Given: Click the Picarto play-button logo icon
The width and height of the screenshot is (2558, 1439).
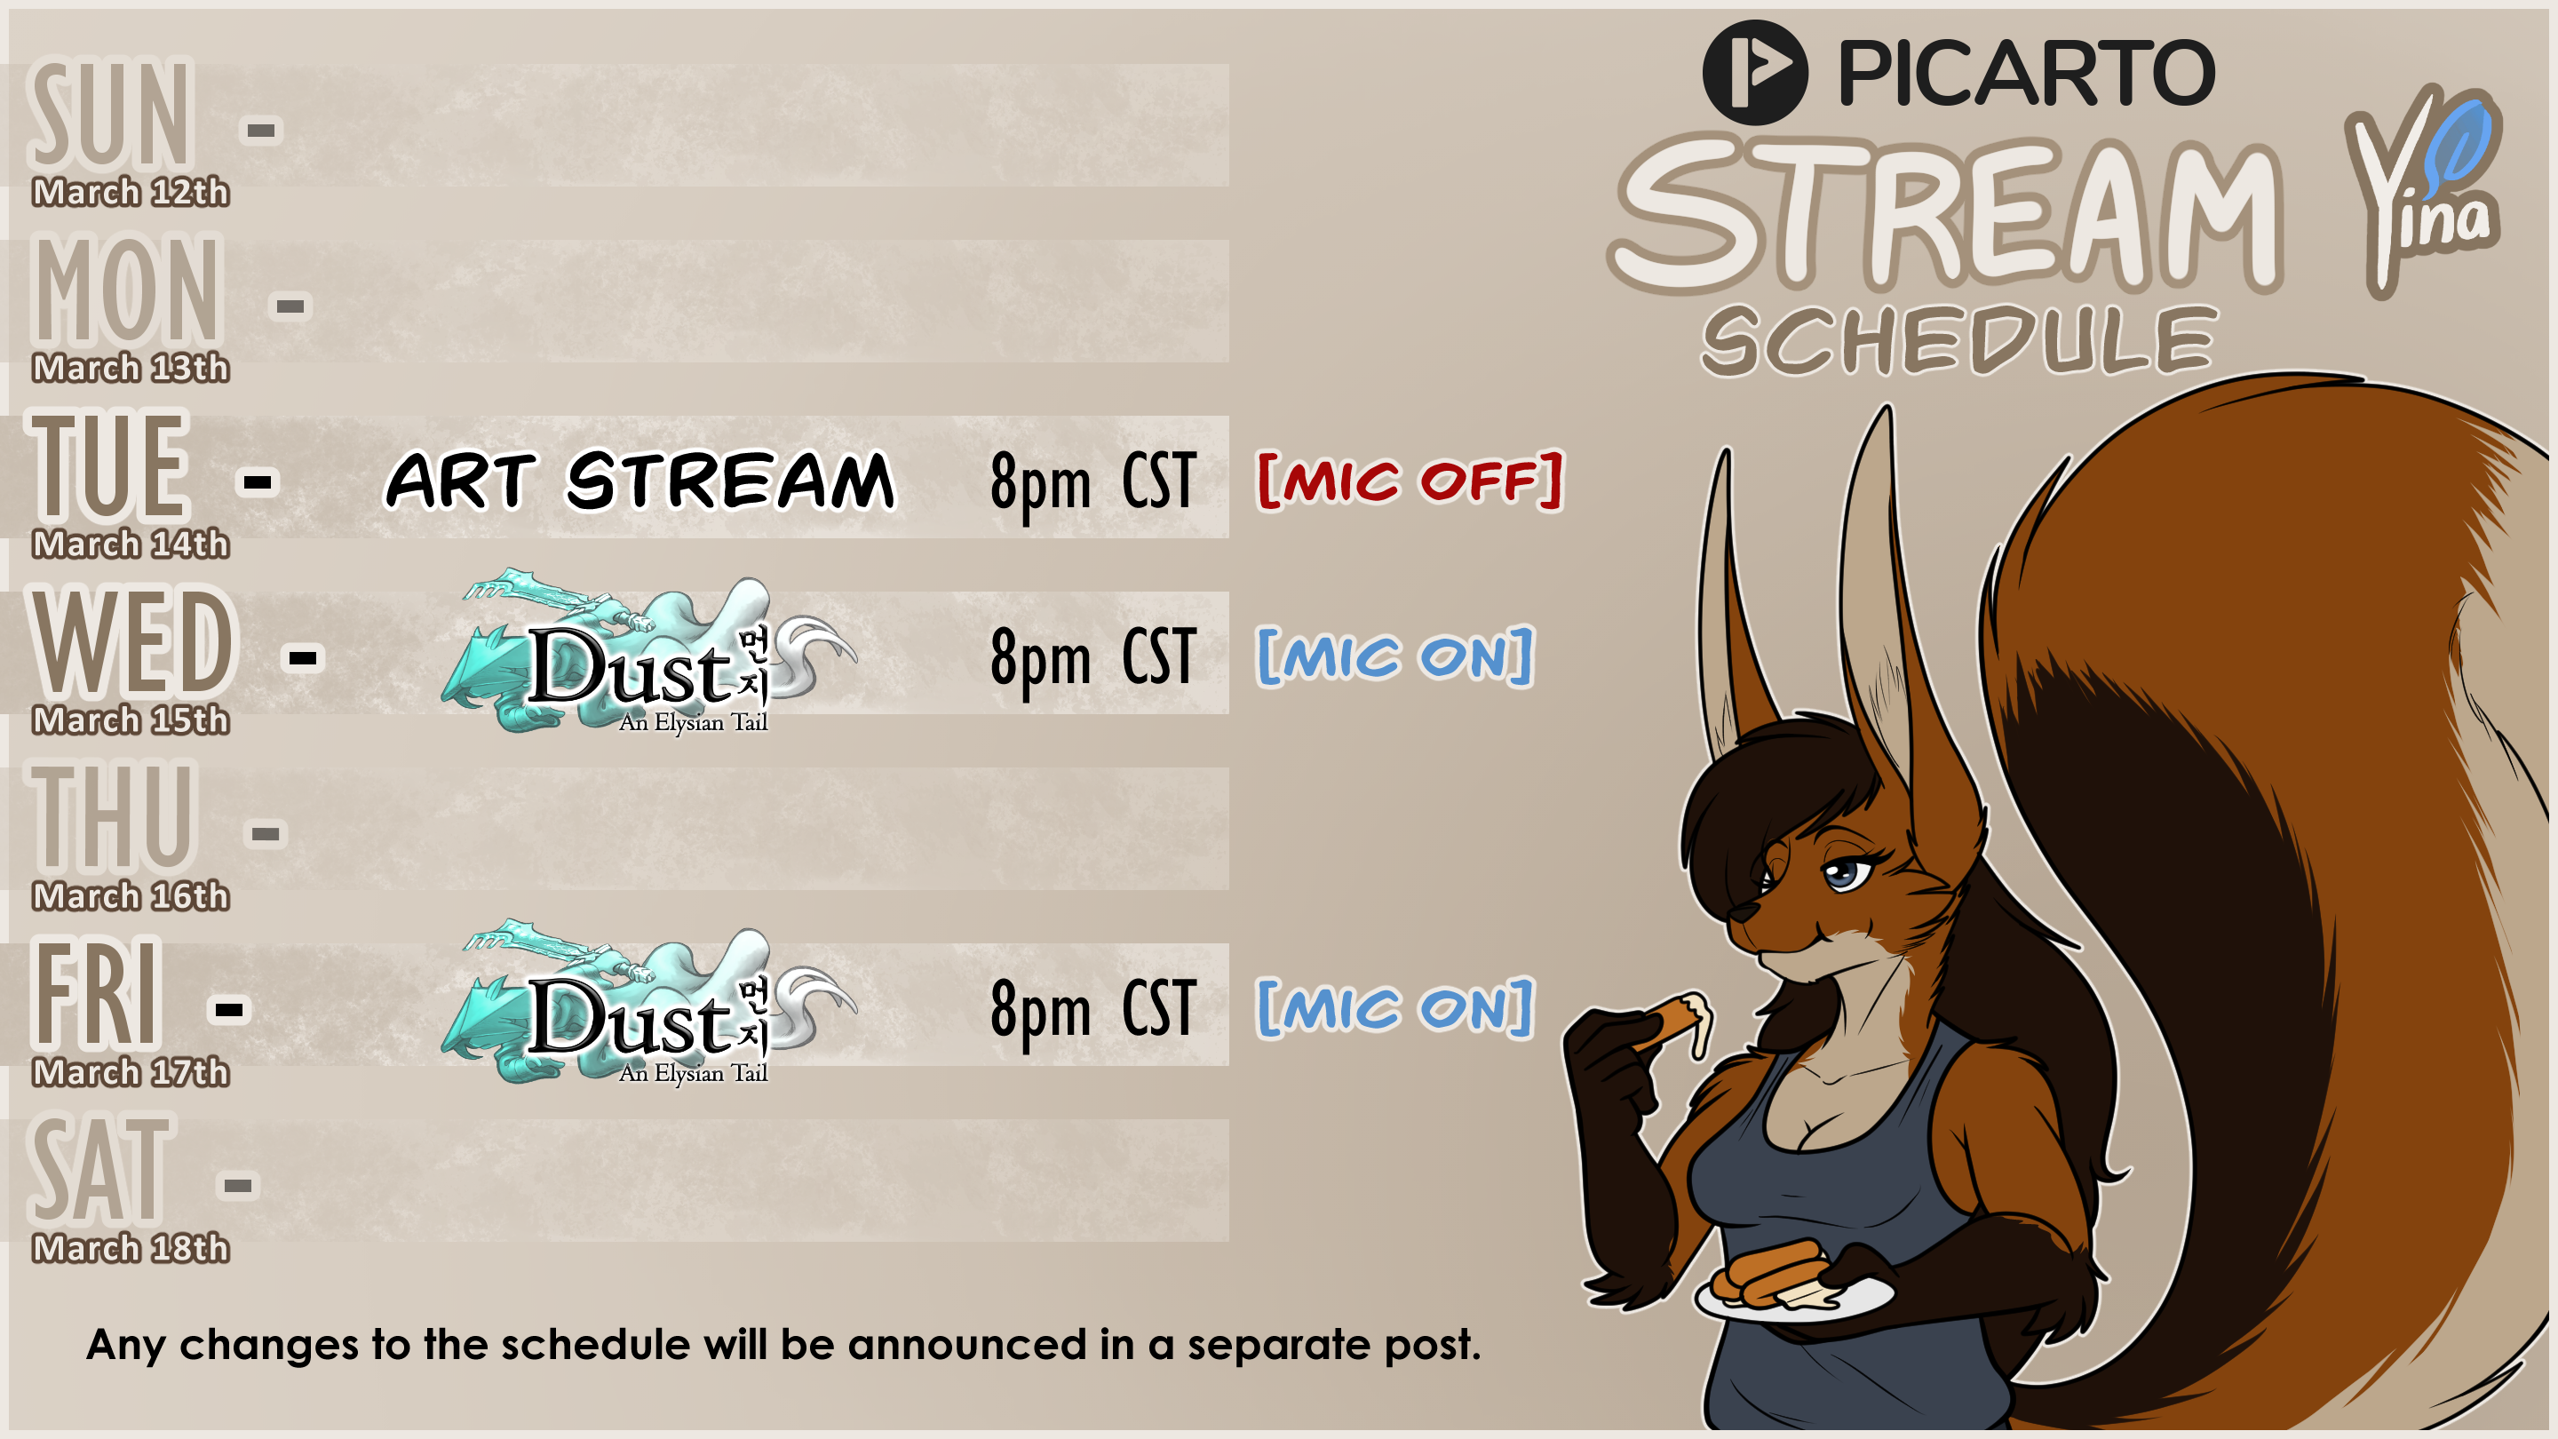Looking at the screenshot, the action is click(1755, 73).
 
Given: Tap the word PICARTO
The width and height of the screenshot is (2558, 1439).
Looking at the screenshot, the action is click(2026, 74).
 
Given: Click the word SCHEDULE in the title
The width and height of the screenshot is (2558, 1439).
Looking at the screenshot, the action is click(1959, 340).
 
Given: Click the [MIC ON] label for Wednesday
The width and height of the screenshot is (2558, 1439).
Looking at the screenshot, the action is click(1395, 656).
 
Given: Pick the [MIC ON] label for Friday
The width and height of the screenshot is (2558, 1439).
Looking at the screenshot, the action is click(1395, 1009).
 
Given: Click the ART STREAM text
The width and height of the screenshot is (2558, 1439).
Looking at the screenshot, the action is click(640, 481).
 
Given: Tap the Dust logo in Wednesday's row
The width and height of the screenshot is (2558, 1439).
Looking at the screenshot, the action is click(647, 653).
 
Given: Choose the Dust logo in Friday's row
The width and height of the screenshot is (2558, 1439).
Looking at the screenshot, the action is click(647, 1004).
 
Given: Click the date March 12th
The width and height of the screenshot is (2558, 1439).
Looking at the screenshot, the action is click(130, 192).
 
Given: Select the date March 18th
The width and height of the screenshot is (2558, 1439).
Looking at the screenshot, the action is click(130, 1248).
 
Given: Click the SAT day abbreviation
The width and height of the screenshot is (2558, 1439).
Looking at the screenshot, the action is click(100, 1169).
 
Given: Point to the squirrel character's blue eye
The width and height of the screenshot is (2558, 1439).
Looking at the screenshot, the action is click(1845, 875).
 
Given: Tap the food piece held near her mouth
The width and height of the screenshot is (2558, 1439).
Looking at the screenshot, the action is click(1678, 1023).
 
